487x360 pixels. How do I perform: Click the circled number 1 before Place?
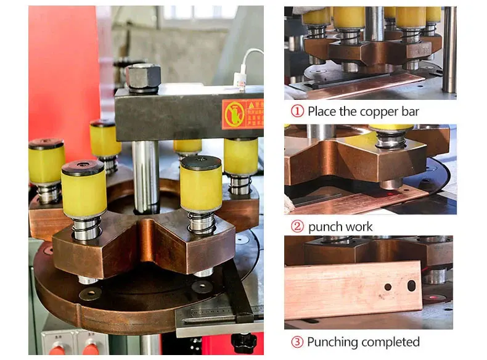point(297,112)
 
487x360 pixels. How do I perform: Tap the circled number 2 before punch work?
point(297,227)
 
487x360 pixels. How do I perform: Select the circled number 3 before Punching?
point(297,342)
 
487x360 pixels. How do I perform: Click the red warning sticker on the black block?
point(242,112)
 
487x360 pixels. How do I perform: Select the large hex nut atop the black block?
point(143,77)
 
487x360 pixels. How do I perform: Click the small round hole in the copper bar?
point(388,287)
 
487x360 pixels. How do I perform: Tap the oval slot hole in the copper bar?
point(411,286)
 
